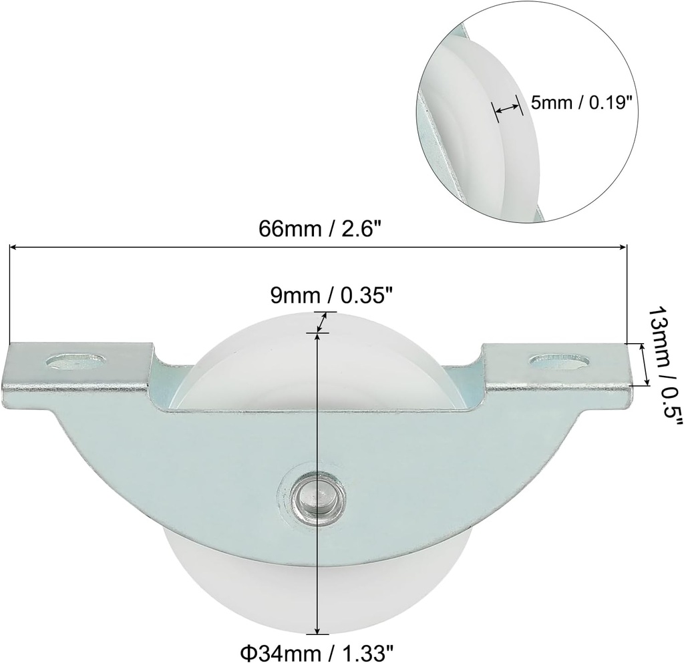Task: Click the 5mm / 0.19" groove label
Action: tap(580, 102)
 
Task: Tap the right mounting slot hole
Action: tap(559, 361)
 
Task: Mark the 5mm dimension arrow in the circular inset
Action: tap(506, 107)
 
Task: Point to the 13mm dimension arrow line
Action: tap(644, 364)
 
